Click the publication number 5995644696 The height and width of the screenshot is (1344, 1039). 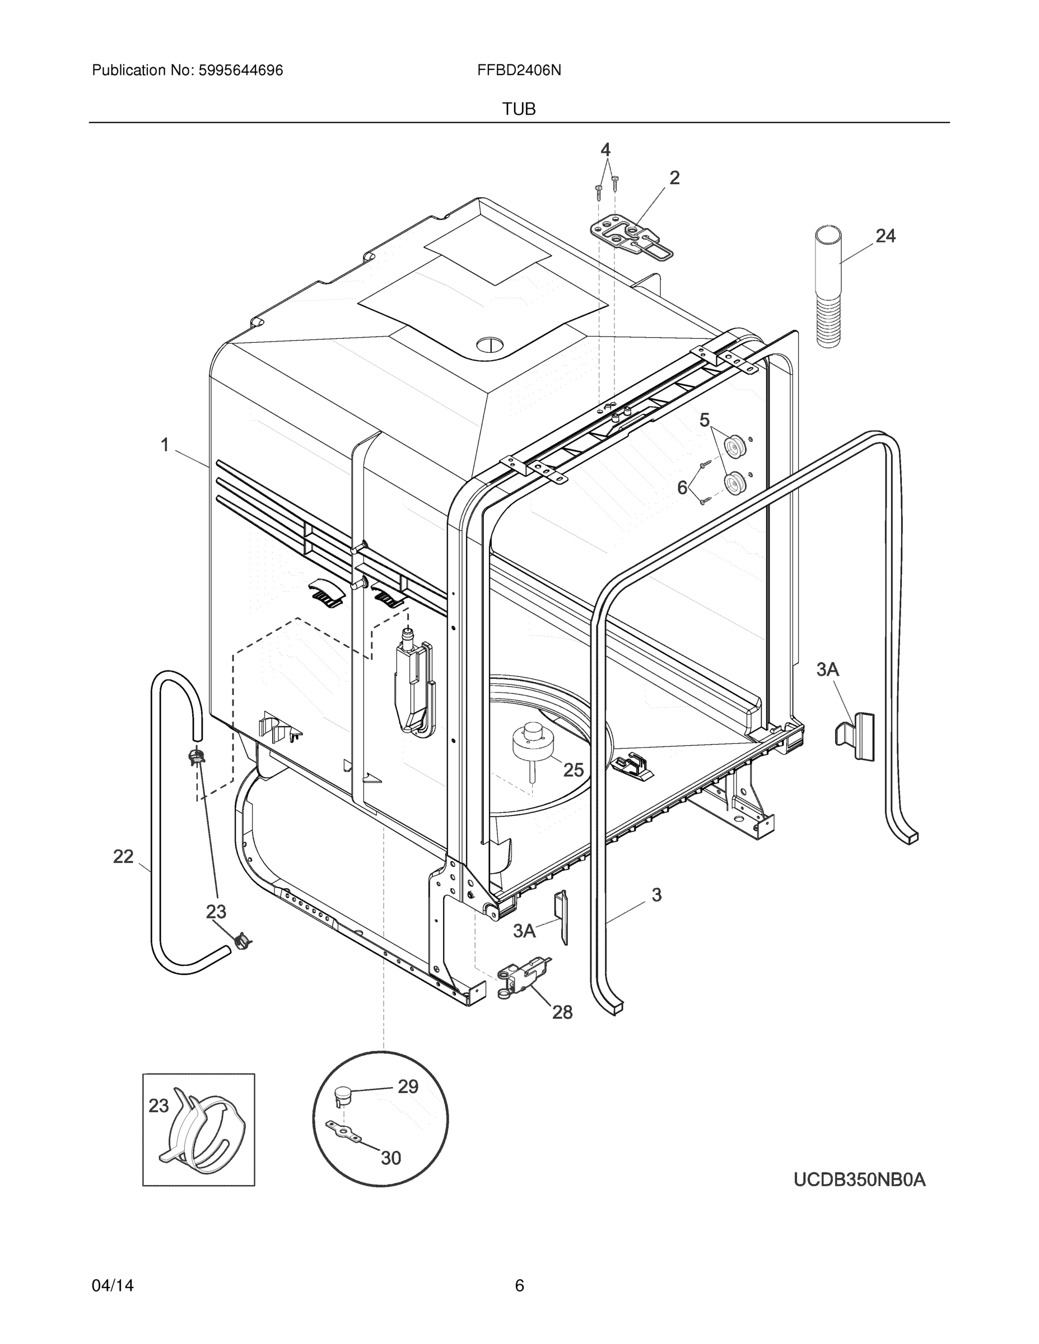click(x=240, y=70)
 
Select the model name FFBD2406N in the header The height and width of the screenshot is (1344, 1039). click(x=518, y=70)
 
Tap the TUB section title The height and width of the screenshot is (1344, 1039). click(x=518, y=109)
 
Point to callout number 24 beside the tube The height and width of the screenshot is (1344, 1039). click(x=885, y=236)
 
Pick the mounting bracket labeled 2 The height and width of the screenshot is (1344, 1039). click(x=631, y=237)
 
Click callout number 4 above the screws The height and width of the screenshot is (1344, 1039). click(x=605, y=150)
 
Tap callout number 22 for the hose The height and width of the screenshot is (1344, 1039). click(x=123, y=856)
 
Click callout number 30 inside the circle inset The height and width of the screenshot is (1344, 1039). click(x=391, y=1158)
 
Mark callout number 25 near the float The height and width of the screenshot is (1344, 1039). click(x=573, y=769)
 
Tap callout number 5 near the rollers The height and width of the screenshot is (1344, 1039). click(x=704, y=421)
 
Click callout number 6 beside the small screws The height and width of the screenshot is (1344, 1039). click(x=683, y=487)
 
